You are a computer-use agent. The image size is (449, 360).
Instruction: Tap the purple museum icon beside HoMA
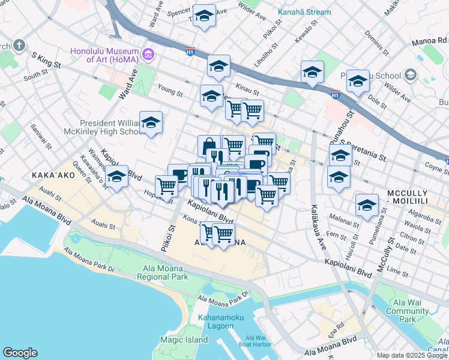pyautogui.click(x=148, y=55)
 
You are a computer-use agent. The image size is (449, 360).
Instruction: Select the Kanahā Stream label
pyautogui.click(x=304, y=12)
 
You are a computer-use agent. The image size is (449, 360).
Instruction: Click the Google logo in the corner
pyautogui.click(x=20, y=353)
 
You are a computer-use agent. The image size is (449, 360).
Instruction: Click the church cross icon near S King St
pyautogui.click(x=19, y=45)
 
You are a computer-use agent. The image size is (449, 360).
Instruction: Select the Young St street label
pyautogui.click(x=170, y=93)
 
